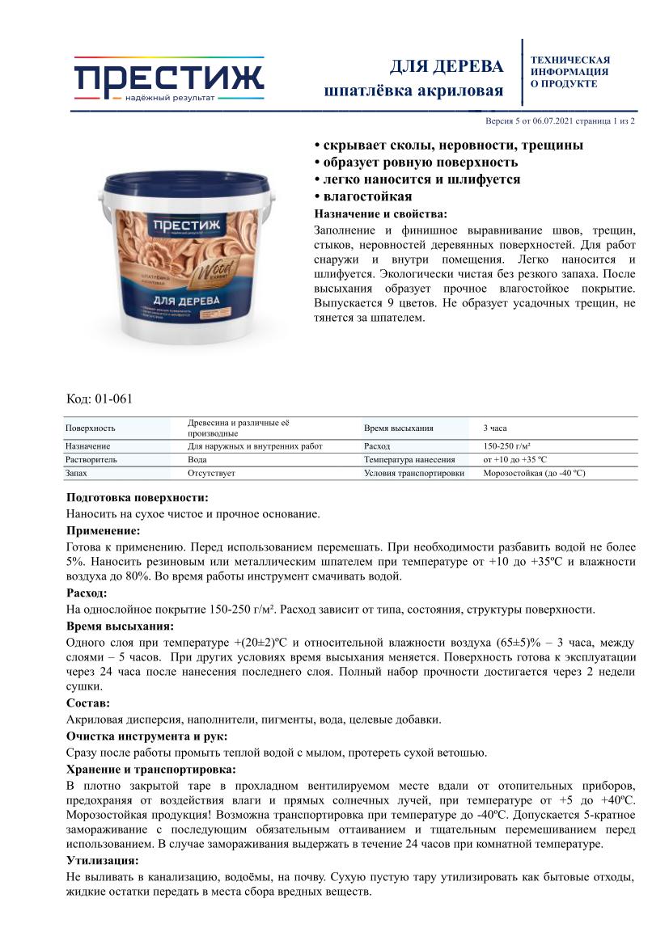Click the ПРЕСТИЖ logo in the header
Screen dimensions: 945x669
click(169, 79)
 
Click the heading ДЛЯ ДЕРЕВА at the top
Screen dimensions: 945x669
click(447, 65)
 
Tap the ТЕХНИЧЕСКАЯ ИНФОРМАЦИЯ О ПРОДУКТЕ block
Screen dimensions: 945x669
click(569, 72)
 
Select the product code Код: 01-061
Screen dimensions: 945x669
click(99, 399)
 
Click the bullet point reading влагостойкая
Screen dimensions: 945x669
click(363, 196)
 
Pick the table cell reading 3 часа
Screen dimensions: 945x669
click(495, 428)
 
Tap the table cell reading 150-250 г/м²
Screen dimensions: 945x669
click(506, 446)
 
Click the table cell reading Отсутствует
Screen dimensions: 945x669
click(211, 473)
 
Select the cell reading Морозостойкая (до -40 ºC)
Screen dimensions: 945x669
click(534, 473)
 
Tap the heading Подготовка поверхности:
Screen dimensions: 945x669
click(137, 497)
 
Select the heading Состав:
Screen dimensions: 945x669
click(87, 703)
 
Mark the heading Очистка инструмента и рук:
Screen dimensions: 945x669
click(146, 736)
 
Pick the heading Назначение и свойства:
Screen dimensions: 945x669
click(379, 214)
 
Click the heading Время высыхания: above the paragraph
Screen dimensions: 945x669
click(119, 626)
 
